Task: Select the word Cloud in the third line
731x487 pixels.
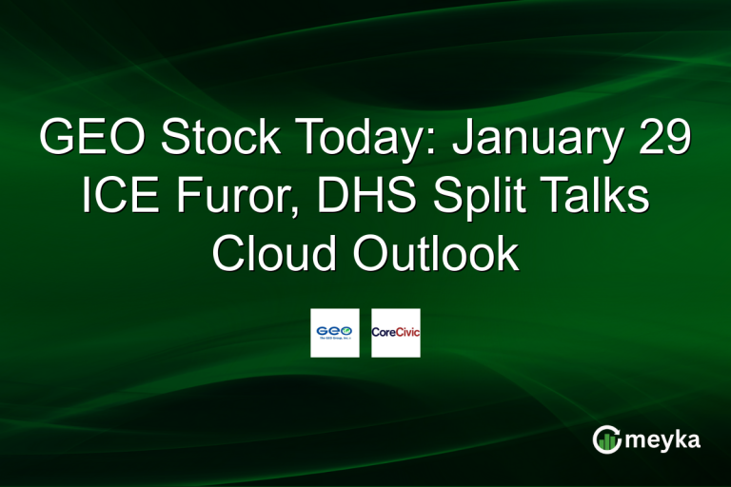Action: pyautogui.click(x=268, y=255)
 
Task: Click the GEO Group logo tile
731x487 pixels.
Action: pyautogui.click(x=335, y=333)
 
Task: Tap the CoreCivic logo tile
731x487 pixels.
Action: pyautogui.click(x=396, y=333)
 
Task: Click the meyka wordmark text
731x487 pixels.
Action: pyautogui.click(x=663, y=439)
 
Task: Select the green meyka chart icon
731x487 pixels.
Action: pyautogui.click(x=605, y=438)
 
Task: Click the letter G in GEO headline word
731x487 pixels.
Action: pyautogui.click(x=58, y=140)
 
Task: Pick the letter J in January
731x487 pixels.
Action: pyautogui.click(x=464, y=140)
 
